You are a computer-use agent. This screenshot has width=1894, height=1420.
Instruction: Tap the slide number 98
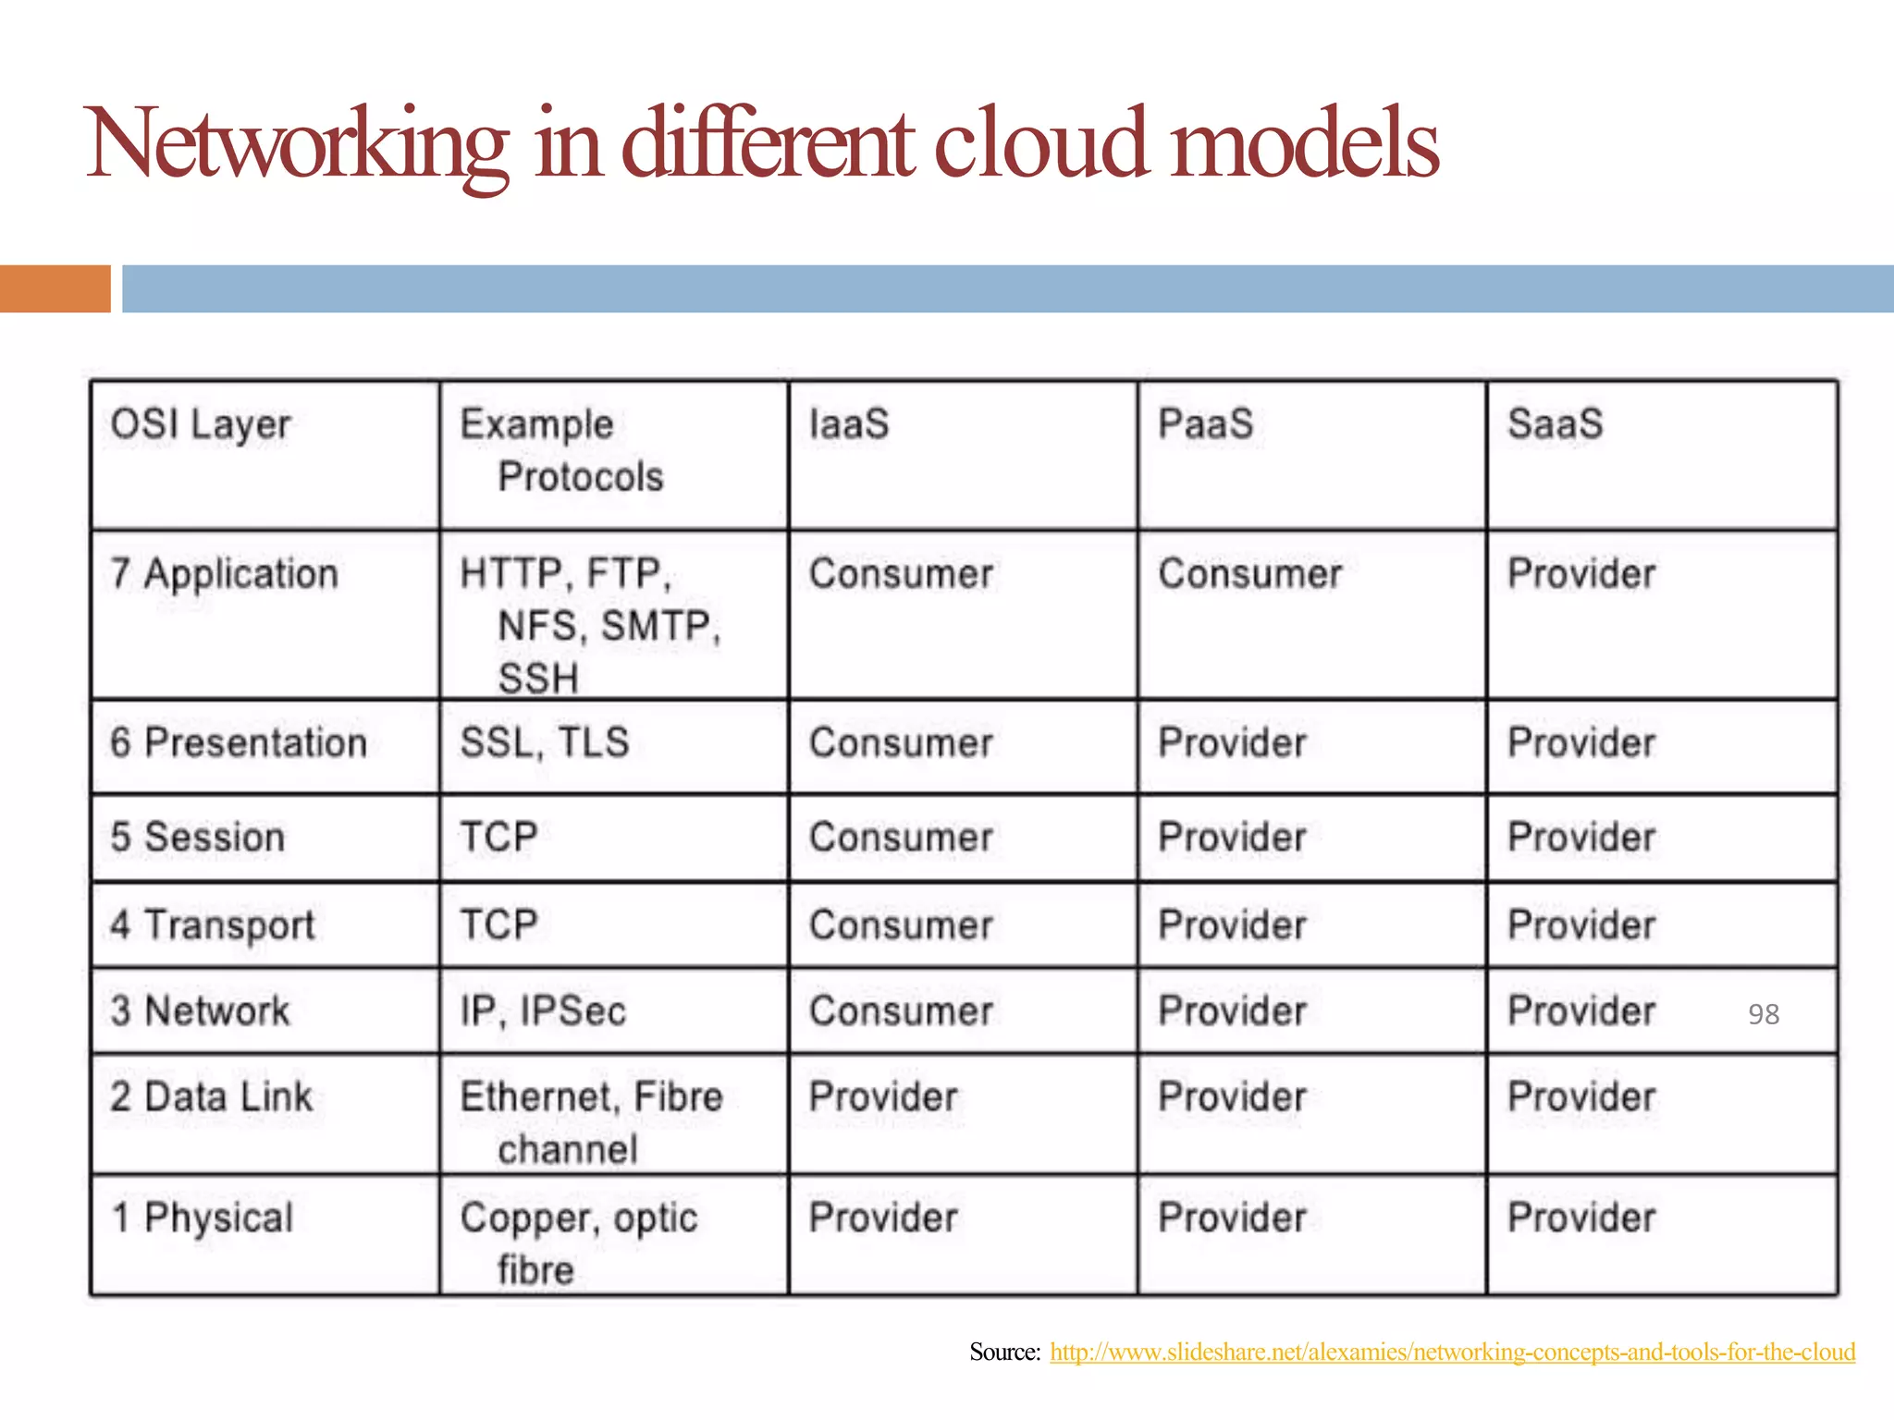pos(1763,1014)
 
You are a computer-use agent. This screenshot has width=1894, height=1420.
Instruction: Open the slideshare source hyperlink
pos(1452,1352)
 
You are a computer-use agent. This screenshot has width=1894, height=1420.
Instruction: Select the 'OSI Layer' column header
pos(201,425)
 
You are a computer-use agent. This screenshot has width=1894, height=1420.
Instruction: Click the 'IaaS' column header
pos(849,424)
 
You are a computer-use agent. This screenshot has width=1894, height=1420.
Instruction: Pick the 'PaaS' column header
pos(1206,424)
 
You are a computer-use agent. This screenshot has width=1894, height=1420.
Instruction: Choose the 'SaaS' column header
pos(1555,424)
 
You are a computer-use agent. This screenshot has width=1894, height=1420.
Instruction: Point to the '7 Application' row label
pos(225,574)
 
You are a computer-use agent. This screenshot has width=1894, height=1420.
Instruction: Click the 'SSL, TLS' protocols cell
pos(545,743)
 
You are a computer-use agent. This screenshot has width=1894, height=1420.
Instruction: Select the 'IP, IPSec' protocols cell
pos(543,1011)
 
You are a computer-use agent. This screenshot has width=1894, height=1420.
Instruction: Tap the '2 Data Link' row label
pos(212,1097)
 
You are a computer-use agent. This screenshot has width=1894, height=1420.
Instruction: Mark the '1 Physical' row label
pos(203,1218)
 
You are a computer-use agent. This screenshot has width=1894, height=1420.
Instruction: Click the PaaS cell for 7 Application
pos(1250,574)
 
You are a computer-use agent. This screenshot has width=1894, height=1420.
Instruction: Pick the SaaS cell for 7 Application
pos(1581,574)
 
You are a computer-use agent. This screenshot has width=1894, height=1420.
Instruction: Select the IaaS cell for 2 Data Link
pos(883,1097)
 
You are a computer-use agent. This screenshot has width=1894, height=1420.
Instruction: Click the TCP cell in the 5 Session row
pos(499,838)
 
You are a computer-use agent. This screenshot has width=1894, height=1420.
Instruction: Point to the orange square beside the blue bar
pos(55,288)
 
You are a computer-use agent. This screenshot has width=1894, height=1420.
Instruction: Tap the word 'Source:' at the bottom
pos(1005,1352)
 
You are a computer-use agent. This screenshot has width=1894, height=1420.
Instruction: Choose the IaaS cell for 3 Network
pos(901,1011)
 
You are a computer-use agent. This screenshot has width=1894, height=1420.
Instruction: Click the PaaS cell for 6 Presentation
pos(1232,743)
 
